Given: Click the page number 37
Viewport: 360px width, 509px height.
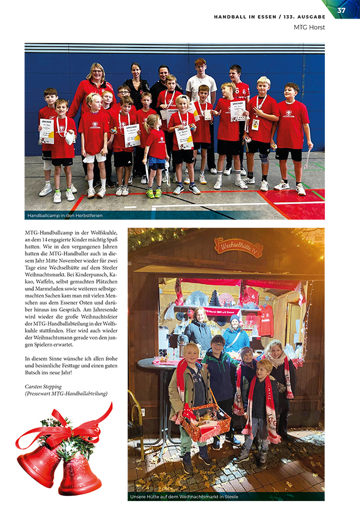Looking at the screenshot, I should tap(341, 10).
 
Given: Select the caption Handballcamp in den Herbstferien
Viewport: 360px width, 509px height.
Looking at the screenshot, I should tap(65, 215).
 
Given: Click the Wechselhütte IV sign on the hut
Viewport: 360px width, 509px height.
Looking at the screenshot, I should tap(238, 247).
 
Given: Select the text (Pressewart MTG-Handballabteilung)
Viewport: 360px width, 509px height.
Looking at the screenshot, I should tap(66, 394).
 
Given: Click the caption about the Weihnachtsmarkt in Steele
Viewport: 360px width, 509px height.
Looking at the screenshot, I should tap(184, 497).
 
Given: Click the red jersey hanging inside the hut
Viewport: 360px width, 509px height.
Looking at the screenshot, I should tap(265, 321).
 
